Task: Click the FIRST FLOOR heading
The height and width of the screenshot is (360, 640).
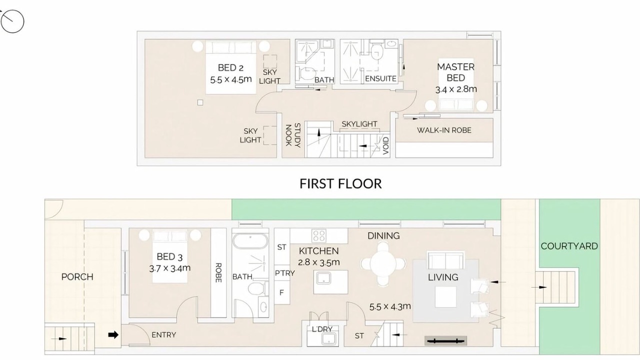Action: [x=340, y=183]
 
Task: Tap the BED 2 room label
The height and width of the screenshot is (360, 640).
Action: [x=230, y=67]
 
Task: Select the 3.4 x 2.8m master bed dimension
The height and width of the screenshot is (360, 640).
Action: [x=456, y=89]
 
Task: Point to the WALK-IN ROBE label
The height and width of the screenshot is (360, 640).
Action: [x=444, y=130]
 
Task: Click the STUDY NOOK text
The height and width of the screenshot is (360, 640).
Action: [x=293, y=135]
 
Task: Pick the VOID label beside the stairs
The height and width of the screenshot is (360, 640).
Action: [x=385, y=145]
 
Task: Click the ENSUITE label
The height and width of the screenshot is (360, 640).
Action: [x=380, y=78]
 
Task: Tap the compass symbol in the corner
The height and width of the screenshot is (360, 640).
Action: [x=12, y=21]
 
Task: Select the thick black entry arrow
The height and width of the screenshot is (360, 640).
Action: [x=113, y=335]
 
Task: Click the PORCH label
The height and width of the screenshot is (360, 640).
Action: [x=77, y=277]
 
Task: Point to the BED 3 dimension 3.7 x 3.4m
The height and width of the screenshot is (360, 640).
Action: [x=169, y=268]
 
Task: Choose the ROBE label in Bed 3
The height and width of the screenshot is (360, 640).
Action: [x=218, y=272]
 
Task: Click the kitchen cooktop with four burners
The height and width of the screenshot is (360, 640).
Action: [x=319, y=236]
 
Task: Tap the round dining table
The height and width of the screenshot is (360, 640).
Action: [x=383, y=263]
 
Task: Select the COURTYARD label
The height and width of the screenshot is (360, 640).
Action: [x=569, y=246]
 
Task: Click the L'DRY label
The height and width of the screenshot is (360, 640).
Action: [x=322, y=329]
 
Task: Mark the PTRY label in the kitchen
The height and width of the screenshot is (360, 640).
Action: [x=284, y=273]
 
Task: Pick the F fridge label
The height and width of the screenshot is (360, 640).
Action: [x=281, y=292]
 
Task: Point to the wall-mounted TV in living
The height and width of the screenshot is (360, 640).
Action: [x=445, y=340]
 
